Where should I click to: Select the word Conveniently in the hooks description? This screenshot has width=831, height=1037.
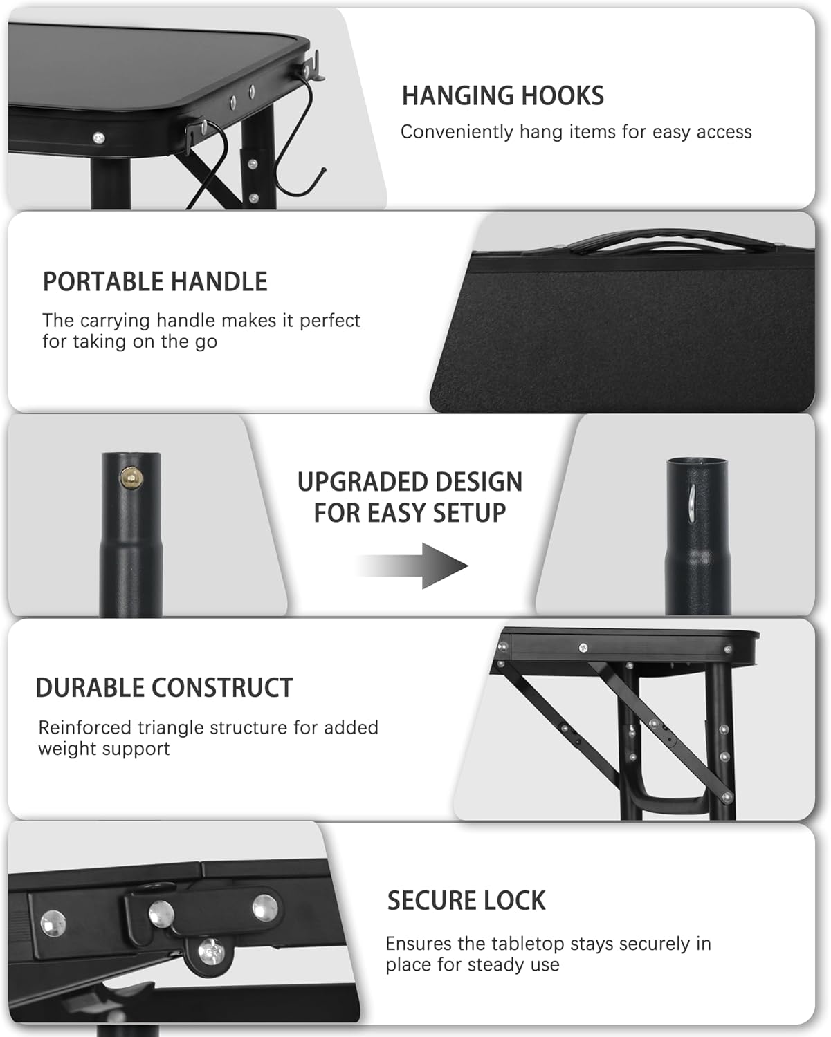pos(457,131)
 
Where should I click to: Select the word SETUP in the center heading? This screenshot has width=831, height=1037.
pos(469,513)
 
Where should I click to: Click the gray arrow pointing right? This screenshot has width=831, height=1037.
pos(412,566)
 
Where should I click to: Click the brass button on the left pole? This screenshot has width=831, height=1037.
pos(131,478)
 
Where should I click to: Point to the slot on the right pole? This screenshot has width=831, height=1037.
pos(692,502)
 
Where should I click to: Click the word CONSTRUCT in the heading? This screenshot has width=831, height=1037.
pos(222,688)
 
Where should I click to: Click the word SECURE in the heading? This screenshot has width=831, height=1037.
pos(432,901)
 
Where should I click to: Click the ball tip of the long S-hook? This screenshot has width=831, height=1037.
pos(324,169)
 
